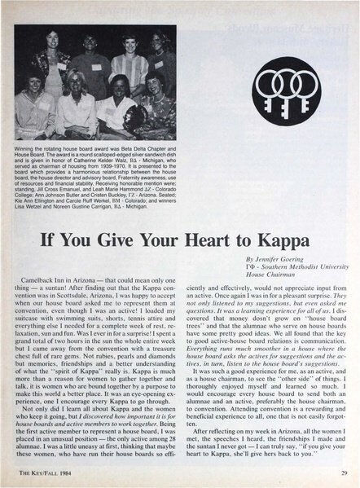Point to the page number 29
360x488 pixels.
(345, 474)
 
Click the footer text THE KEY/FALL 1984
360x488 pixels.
(46, 474)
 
